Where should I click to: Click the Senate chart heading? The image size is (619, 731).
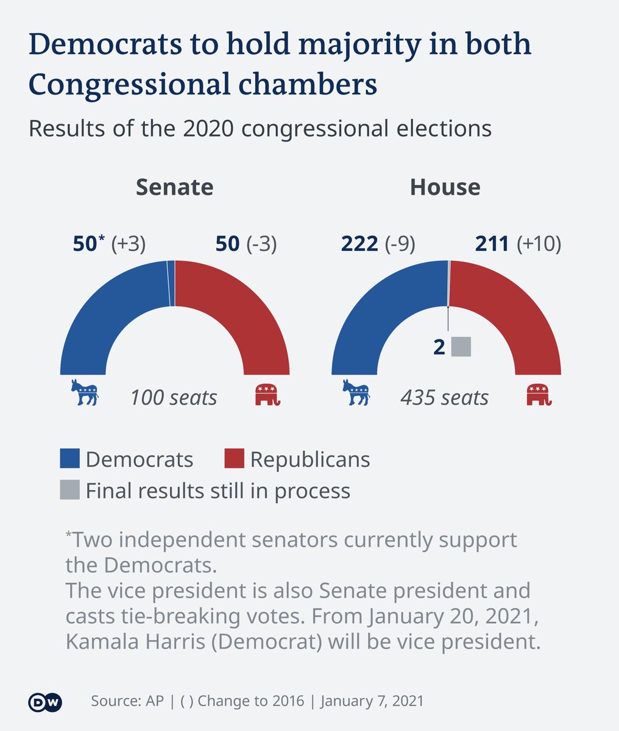click(174, 187)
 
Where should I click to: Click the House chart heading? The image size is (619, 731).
click(445, 187)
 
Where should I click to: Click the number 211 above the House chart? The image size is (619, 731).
click(492, 244)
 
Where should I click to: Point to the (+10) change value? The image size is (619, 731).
click(539, 244)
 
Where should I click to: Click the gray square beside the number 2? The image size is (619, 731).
click(461, 347)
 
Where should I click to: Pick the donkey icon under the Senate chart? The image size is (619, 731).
click(85, 393)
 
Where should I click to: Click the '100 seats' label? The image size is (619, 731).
click(174, 398)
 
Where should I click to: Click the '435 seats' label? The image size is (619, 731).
click(445, 398)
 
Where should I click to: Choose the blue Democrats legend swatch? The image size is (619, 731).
click(70, 459)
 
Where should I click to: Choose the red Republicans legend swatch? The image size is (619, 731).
click(234, 459)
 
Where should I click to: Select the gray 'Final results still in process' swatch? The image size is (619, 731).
click(70, 490)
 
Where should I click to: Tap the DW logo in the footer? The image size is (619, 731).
click(45, 702)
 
